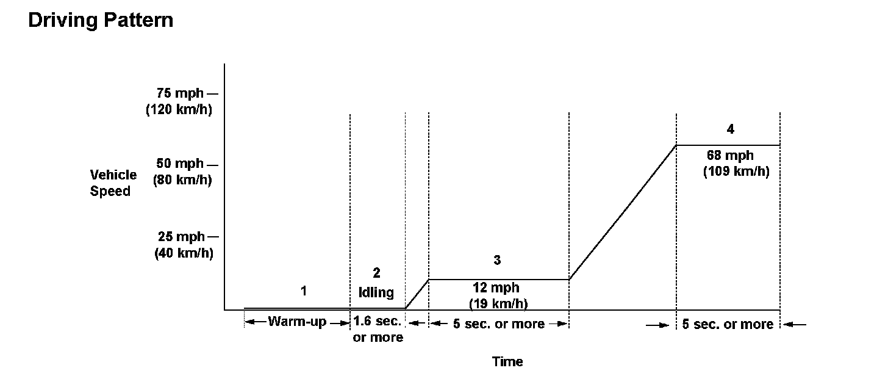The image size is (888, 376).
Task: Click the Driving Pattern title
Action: click(101, 20)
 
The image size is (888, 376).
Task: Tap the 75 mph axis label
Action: click(181, 94)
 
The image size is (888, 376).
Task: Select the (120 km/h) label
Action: click(179, 110)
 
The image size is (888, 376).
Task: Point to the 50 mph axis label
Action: click(181, 164)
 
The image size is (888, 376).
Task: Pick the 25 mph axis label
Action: click(181, 237)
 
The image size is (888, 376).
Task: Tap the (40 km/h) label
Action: click(183, 253)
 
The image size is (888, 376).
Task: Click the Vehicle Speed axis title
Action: click(113, 183)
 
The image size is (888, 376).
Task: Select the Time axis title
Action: click(507, 361)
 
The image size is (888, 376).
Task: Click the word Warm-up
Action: click(297, 322)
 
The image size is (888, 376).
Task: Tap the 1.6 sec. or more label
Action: click(378, 329)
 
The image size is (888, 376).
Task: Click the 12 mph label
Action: click(496, 288)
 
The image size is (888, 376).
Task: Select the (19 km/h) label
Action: click(498, 303)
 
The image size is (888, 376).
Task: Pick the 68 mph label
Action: click(730, 156)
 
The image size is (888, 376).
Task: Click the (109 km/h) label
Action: click(736, 172)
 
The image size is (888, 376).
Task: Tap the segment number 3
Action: click(497, 260)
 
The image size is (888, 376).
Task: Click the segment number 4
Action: click(730, 129)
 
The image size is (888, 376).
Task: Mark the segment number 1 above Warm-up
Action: click(304, 291)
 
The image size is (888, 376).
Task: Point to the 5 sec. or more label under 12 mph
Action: click(498, 324)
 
